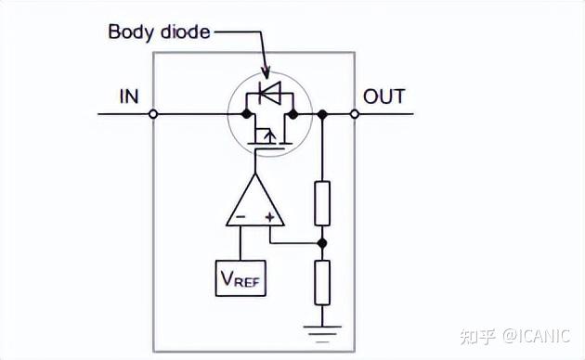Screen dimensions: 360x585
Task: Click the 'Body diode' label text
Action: click(x=159, y=32)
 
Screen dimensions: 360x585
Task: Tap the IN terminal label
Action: click(x=129, y=96)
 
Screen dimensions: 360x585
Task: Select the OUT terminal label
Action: click(x=383, y=96)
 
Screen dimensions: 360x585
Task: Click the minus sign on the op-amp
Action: click(x=240, y=219)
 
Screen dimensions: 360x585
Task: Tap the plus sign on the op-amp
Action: click(x=270, y=219)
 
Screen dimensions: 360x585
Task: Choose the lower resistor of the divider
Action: click(x=322, y=283)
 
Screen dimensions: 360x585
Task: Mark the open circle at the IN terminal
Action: click(x=153, y=114)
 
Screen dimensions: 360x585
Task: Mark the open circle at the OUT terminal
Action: click(x=354, y=114)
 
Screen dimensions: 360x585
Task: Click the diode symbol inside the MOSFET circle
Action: click(x=268, y=93)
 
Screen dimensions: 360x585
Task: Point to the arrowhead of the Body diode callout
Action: click(x=267, y=73)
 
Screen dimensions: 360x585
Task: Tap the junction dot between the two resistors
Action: click(x=322, y=243)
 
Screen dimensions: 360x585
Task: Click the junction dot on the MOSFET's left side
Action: click(x=246, y=114)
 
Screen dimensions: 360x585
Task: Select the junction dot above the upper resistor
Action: click(x=322, y=114)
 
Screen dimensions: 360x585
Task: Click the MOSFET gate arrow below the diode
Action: click(x=268, y=139)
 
